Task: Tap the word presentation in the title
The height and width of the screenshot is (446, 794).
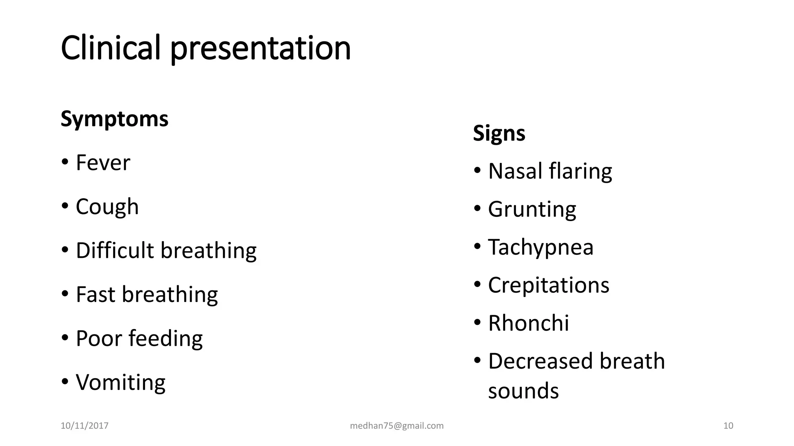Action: click(261, 49)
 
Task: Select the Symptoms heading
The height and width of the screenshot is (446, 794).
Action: click(114, 119)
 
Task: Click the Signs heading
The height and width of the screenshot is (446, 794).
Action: click(499, 134)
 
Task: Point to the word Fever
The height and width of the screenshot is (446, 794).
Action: click(103, 163)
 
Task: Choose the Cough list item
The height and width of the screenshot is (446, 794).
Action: click(107, 207)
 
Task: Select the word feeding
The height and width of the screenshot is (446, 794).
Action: click(166, 339)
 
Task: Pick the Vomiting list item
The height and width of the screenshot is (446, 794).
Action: click(121, 383)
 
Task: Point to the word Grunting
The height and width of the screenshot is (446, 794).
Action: click(532, 210)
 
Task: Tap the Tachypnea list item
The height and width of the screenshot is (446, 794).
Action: click(541, 248)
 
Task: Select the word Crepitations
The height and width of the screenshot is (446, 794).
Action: click(549, 285)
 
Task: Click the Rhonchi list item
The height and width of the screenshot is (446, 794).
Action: click(528, 323)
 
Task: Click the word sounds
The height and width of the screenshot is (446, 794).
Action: click(523, 391)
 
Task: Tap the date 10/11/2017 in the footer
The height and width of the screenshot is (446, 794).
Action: click(85, 426)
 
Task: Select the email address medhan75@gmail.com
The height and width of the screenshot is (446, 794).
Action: click(397, 426)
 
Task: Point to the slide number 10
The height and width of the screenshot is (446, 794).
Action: click(728, 426)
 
